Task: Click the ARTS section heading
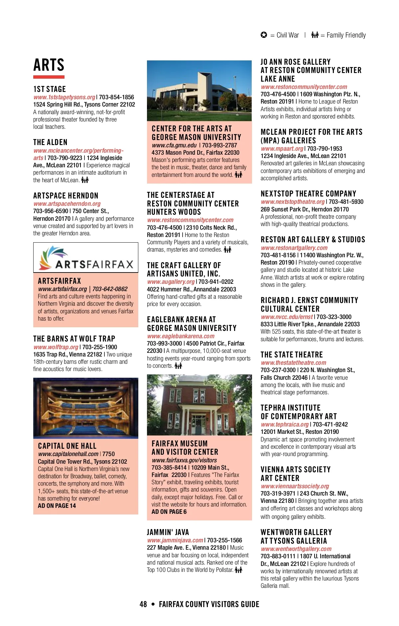point(49,65)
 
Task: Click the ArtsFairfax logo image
point(85,258)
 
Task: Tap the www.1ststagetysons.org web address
point(64,97)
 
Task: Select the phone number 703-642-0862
point(110,289)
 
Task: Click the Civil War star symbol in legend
point(264,35)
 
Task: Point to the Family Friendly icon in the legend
point(315,35)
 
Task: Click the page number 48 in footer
point(143,604)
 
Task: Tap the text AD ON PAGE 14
point(57,506)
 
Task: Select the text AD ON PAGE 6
point(169,512)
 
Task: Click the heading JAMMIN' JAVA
point(168,532)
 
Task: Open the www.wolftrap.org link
point(56,347)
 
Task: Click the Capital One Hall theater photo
point(85,408)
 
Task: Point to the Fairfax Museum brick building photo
point(199,405)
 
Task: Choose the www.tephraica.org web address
point(285,425)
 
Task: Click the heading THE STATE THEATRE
point(292,355)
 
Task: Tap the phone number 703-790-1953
point(325,149)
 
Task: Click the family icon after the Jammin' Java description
point(238,570)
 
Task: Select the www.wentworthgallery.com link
point(296,549)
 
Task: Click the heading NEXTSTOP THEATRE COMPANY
point(308,194)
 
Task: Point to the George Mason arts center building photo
point(199,91)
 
